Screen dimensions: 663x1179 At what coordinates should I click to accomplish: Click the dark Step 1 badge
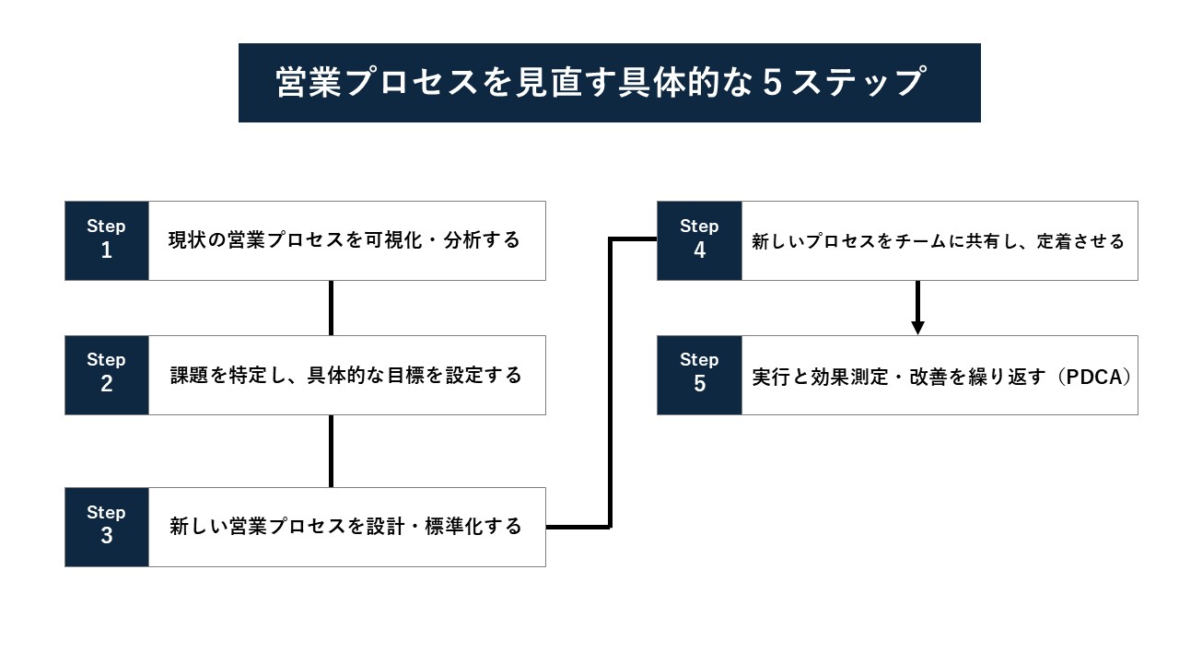[x=106, y=240]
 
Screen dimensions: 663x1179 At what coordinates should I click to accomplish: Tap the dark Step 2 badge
[x=106, y=375]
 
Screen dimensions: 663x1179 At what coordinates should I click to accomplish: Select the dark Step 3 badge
[x=106, y=527]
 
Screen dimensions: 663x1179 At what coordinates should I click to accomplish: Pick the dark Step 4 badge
[x=699, y=240]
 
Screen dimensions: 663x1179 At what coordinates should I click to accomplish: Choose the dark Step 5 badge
[x=699, y=375]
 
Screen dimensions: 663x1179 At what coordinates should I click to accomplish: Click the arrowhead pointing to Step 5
[x=917, y=327]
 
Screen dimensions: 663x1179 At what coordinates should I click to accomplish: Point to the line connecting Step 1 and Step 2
[x=331, y=308]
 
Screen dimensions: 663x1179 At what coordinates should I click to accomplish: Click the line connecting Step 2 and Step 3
[x=331, y=450]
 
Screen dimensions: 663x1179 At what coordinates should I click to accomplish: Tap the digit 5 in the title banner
[x=774, y=83]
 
